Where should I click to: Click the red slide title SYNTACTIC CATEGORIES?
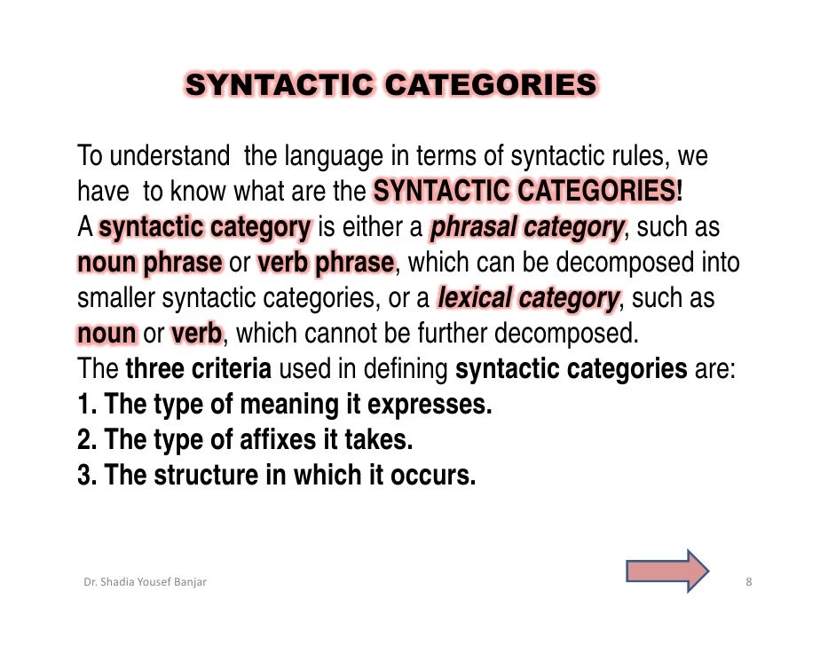390,85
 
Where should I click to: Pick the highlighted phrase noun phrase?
149,263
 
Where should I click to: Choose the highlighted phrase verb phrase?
325,263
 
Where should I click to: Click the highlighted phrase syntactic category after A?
205,227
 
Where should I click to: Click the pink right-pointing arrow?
667,570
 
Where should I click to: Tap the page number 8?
749,583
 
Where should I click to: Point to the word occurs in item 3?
434,476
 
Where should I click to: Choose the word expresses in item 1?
430,405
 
